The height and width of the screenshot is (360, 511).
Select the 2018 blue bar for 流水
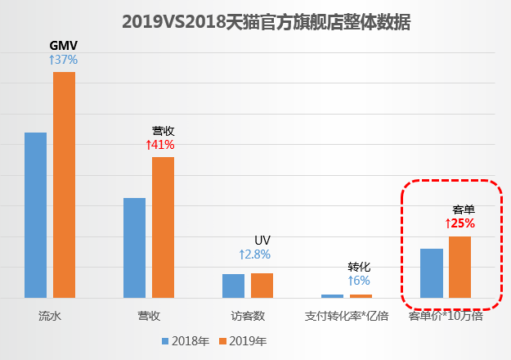35,214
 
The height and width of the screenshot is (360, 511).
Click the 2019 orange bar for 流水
64,184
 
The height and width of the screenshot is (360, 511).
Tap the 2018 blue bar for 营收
134,247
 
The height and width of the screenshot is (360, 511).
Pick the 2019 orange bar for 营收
163,227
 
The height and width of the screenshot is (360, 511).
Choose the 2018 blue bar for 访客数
233,285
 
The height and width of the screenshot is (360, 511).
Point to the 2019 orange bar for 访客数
262,285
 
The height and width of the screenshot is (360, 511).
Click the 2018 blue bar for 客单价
431,272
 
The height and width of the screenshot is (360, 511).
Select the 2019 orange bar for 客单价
459,267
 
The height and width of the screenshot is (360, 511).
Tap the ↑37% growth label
63,59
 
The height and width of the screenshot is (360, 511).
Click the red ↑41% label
160,144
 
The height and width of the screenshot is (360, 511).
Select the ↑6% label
359,281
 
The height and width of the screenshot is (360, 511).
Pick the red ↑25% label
459,223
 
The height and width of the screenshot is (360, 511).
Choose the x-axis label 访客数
248,315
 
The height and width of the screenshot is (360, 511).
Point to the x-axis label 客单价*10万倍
445,315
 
